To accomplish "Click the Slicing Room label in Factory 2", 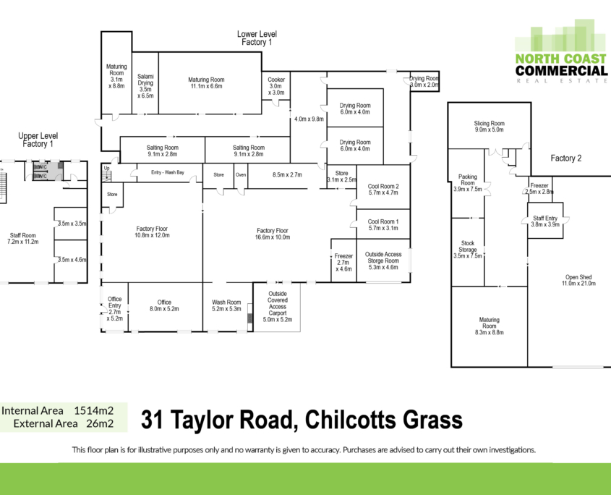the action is [489, 127].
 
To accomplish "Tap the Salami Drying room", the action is [145, 83].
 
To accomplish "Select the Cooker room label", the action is [276, 86].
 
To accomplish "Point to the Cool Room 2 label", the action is [383, 189].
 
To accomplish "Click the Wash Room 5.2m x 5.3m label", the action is [226, 305].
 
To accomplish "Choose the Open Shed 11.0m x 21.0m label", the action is [578, 280].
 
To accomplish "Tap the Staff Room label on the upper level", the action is [23, 238].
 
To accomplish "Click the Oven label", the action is [241, 174].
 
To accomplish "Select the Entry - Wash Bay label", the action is [168, 172].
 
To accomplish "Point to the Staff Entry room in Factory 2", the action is [545, 221].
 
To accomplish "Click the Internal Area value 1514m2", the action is [94, 410].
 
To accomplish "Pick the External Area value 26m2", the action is [100, 423].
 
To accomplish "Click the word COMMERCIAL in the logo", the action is [561, 71].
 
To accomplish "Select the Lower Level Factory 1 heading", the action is [257, 38].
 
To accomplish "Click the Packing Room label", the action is [468, 183].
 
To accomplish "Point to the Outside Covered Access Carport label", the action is [278, 307].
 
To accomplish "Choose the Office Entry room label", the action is [114, 308].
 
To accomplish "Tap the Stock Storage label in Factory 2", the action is [468, 249].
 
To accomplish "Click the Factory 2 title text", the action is [565, 158].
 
